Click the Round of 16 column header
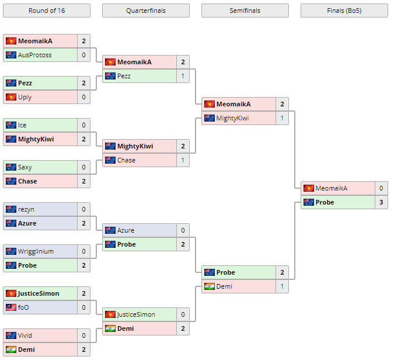(x=46, y=11)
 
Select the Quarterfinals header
(x=145, y=11)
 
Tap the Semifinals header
(x=245, y=11)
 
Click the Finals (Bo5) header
(x=344, y=11)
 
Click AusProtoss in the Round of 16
(x=34, y=55)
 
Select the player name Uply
(x=25, y=97)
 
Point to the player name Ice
(x=22, y=125)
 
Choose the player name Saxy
(x=25, y=167)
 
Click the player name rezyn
(x=26, y=209)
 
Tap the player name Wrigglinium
(x=36, y=251)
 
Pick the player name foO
(x=23, y=307)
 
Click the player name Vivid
(x=25, y=335)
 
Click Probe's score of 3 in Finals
(x=381, y=202)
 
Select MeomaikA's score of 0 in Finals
(x=381, y=188)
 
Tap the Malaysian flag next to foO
(x=11, y=307)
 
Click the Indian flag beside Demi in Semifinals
(x=209, y=286)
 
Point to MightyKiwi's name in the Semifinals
(x=232, y=118)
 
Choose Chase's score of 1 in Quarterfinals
(x=183, y=160)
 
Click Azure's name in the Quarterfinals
(x=125, y=230)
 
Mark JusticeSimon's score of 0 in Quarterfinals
(x=183, y=314)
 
